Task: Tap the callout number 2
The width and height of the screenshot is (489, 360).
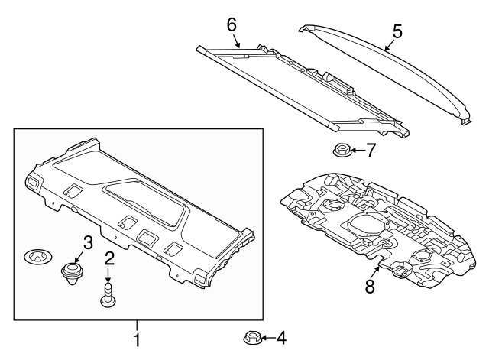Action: pyautogui.click(x=109, y=258)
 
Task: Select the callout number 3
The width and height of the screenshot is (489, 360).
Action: pyautogui.click(x=89, y=242)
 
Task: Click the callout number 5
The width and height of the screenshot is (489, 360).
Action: pyautogui.click(x=397, y=31)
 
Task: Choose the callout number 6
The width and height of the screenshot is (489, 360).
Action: pyautogui.click(x=232, y=24)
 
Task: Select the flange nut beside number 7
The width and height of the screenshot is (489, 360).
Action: pyautogui.click(x=342, y=150)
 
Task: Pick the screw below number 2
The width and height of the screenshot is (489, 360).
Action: pyautogui.click(x=108, y=294)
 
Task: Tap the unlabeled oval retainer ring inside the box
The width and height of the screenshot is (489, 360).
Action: pyautogui.click(x=35, y=256)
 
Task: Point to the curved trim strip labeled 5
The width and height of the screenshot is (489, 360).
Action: pyautogui.click(x=382, y=65)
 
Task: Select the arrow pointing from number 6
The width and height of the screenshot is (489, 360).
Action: pyautogui.click(x=236, y=41)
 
